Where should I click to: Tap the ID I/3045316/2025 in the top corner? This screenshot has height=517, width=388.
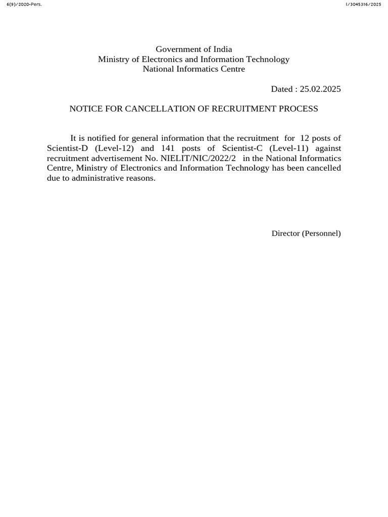pyautogui.click(x=363, y=4)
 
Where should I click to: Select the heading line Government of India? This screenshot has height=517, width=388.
pyautogui.click(x=194, y=49)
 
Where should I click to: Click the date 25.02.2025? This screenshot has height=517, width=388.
pyautogui.click(x=320, y=89)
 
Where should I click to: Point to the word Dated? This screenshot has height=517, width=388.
pyautogui.click(x=281, y=89)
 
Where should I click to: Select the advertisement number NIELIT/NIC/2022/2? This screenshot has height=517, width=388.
pyautogui.click(x=198, y=158)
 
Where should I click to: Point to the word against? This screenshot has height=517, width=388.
pyautogui.click(x=328, y=148)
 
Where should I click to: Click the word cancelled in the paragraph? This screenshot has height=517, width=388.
pyautogui.click(x=324, y=168)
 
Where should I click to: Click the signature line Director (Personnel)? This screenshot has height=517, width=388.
pyautogui.click(x=306, y=233)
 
